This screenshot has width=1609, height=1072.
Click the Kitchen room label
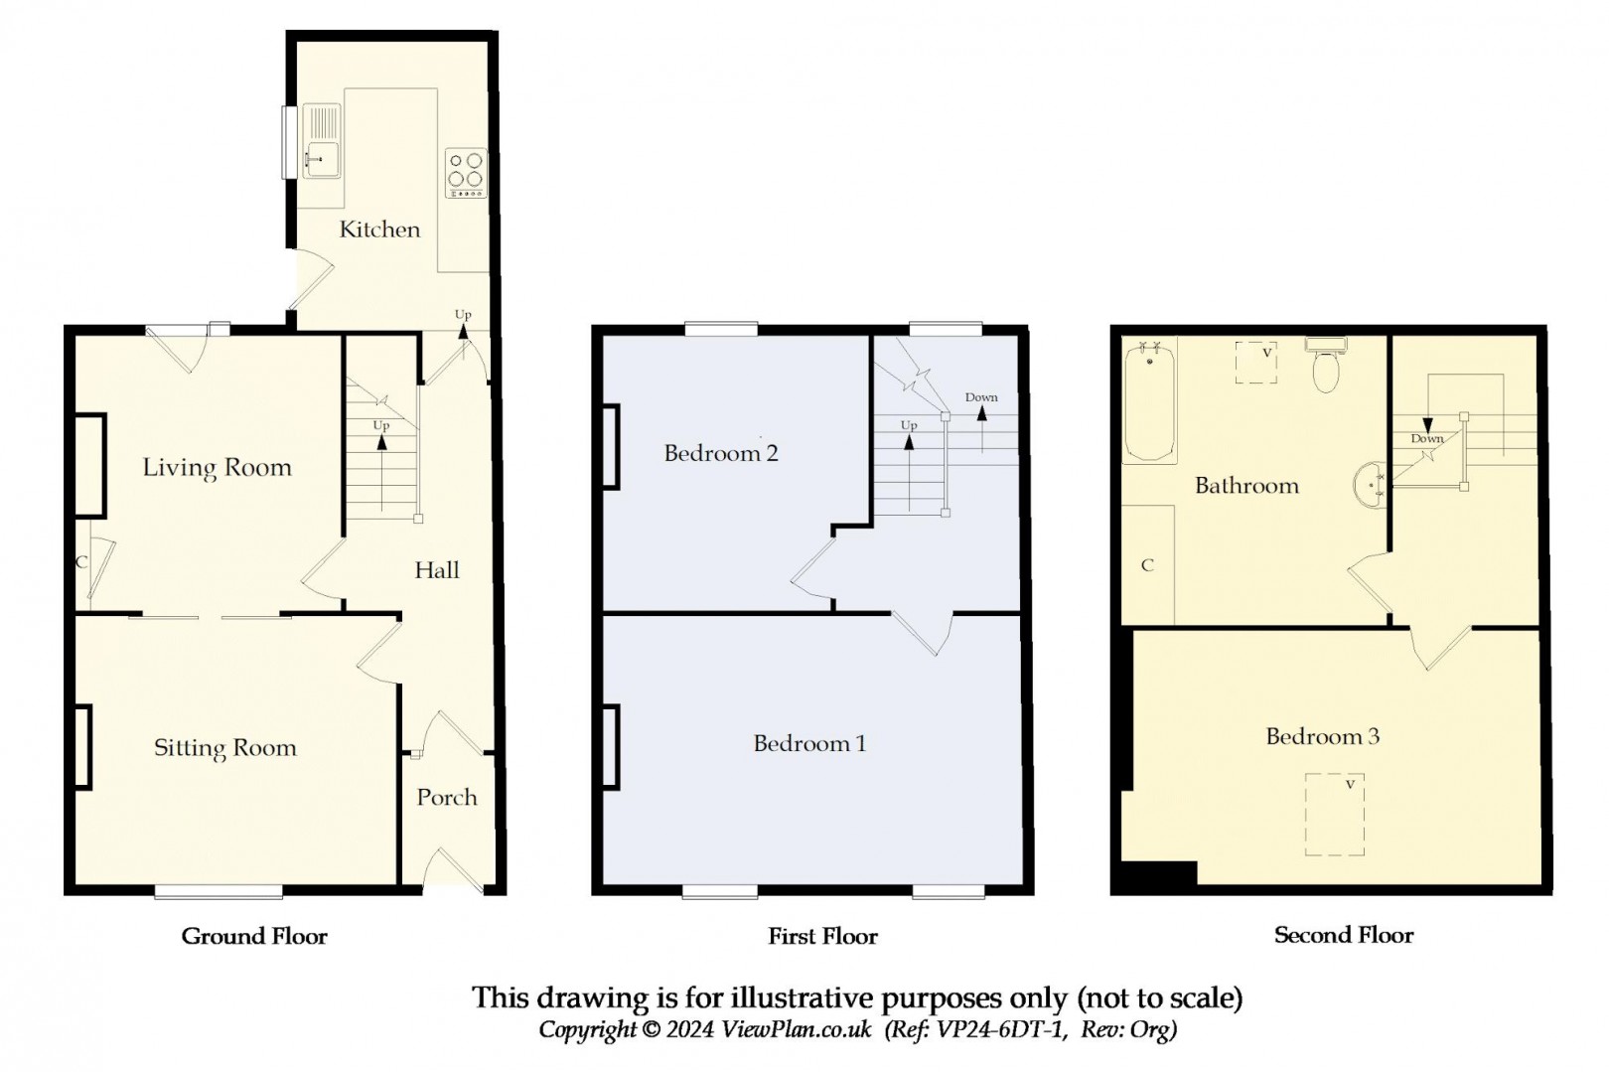tap(379, 230)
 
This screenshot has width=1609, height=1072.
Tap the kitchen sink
tap(321, 141)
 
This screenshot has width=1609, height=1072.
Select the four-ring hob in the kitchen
tap(466, 173)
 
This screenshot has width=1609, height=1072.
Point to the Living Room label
tap(217, 467)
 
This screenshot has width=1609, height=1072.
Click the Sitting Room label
tap(224, 748)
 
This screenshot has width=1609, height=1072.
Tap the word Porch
tap(447, 797)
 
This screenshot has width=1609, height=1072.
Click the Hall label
tap(437, 570)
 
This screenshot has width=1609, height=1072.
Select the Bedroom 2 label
tap(720, 453)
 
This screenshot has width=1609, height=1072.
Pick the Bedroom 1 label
tap(809, 743)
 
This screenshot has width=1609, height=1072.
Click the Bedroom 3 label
tap(1322, 736)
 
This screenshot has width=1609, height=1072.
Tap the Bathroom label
tap(1246, 486)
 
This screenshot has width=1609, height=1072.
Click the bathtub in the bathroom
tap(1149, 402)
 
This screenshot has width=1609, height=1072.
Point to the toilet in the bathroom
tap(1326, 366)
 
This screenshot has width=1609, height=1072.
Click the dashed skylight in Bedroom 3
tap(1334, 814)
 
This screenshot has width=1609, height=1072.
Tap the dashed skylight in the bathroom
tap(1255, 362)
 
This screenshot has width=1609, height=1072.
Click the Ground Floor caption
tap(254, 936)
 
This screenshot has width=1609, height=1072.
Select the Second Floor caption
tap(1343, 935)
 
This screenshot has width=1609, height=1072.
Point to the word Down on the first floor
tap(981, 397)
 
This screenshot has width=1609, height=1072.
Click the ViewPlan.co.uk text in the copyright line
tap(797, 1029)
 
